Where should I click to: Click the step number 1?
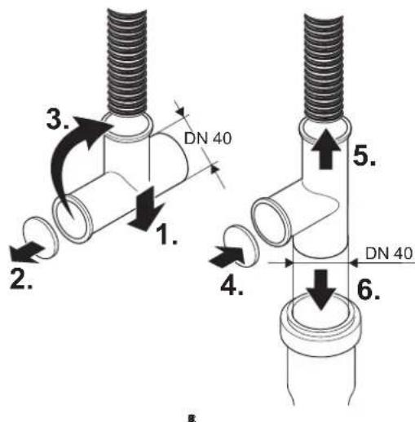166,234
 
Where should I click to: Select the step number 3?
57,119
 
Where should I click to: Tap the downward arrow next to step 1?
147,208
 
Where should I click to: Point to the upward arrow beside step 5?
326,149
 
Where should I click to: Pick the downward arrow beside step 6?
321,290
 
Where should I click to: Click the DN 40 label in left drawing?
208,138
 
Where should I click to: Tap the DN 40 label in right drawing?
389,253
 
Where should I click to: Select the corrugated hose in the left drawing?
127,64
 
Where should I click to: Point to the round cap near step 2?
42,238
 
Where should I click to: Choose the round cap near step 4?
241,246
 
